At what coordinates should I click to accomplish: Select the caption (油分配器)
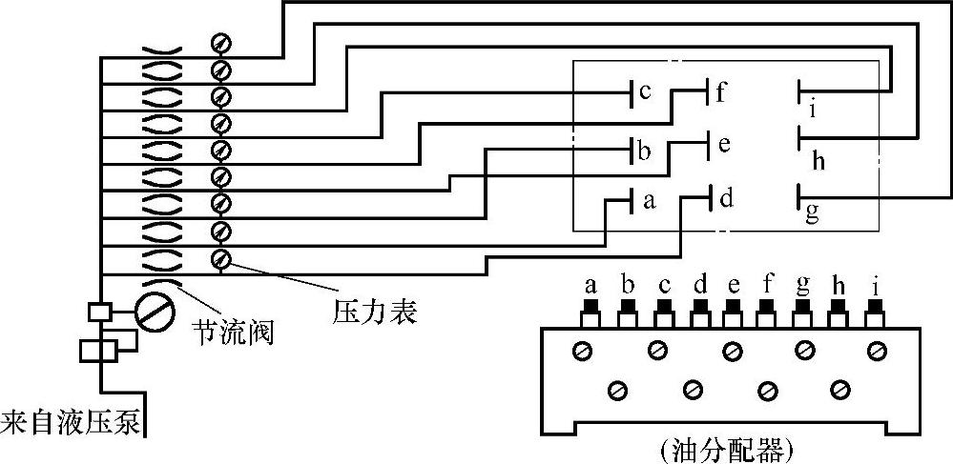pos(726,448)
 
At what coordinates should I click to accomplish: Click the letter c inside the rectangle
pos(645,92)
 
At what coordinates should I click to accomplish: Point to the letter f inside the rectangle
pos(722,92)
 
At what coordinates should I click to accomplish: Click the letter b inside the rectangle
pos(645,151)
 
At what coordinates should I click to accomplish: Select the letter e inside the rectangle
pos(723,145)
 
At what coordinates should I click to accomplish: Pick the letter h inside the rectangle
pos(818,160)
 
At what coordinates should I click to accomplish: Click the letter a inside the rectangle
pos(650,201)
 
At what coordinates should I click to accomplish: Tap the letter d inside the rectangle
pos(727,199)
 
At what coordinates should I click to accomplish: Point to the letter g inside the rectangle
pos(812,212)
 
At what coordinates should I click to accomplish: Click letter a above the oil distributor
pos(590,284)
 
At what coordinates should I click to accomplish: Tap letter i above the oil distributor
pos(875,284)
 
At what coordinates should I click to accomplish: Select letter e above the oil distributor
pos(733,284)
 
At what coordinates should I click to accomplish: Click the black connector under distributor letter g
pos(804,306)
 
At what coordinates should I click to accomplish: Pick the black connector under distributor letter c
pos(662,306)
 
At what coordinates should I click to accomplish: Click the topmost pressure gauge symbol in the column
pos(221,43)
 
